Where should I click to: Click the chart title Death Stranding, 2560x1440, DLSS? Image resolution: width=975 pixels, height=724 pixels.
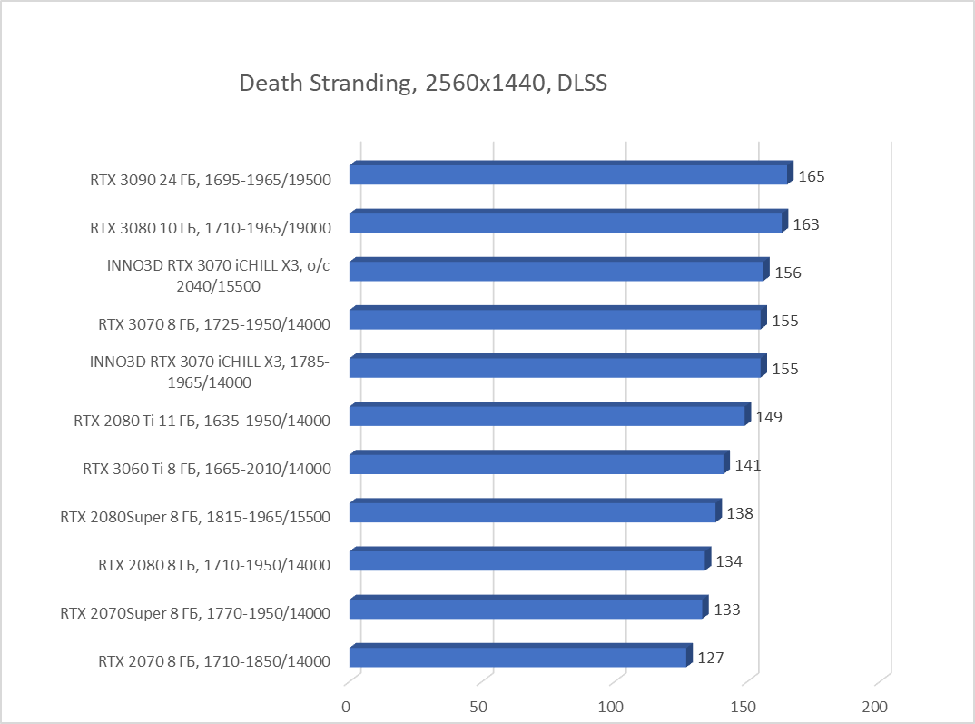[x=422, y=84]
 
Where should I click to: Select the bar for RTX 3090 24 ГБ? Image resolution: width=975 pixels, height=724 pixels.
[x=568, y=174]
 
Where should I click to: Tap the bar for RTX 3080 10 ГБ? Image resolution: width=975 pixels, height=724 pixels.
[x=566, y=223]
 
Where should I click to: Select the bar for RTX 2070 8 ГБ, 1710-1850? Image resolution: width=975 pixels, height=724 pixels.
[x=517, y=657]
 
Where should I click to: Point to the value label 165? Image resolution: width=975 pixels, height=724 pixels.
[x=812, y=176]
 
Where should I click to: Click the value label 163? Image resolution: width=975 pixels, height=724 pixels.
[x=806, y=224]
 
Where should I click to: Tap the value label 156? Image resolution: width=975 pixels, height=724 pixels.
[x=788, y=273]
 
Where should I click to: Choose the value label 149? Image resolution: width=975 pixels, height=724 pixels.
[x=769, y=417]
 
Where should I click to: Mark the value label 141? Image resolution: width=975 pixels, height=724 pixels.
[x=748, y=465]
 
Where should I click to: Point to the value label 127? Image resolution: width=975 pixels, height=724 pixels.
[x=710, y=658]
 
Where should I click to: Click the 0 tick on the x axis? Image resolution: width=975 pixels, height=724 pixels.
[x=346, y=707]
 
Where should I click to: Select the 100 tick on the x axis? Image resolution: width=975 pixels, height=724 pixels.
[x=613, y=707]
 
